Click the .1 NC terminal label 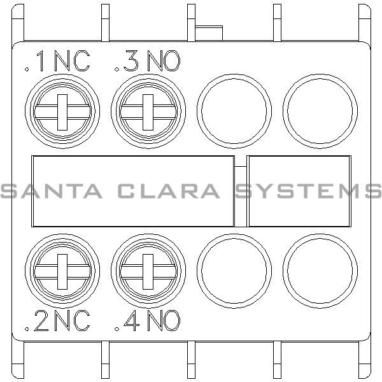point(57,62)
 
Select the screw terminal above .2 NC point(62,271)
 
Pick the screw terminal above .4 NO point(148,271)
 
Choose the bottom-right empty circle point(320,271)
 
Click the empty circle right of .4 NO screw point(234,271)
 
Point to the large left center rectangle point(132,190)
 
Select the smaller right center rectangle point(299,190)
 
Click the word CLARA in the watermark point(169,190)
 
